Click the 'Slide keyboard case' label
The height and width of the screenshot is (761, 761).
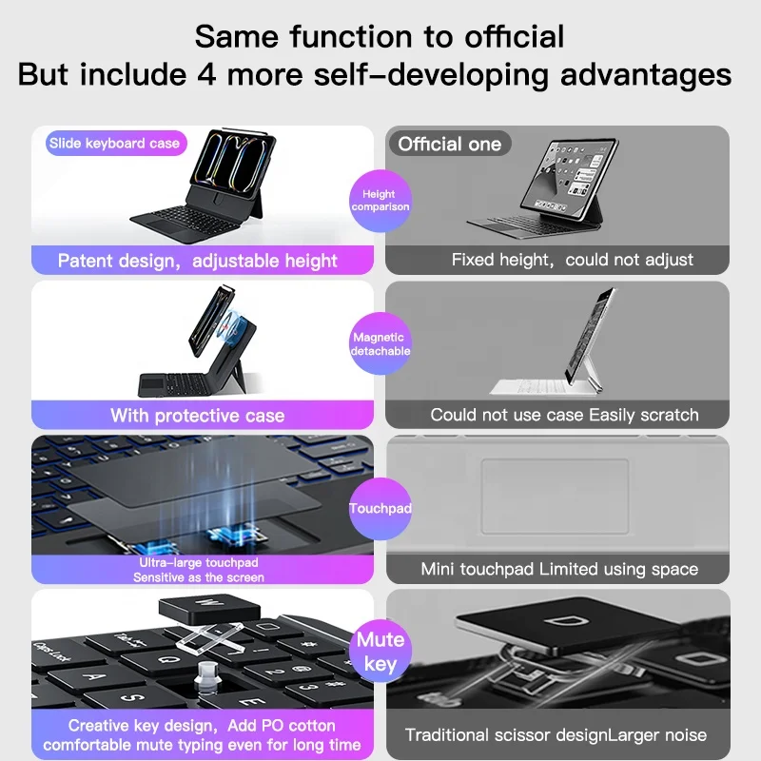114,144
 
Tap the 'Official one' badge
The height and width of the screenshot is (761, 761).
449,144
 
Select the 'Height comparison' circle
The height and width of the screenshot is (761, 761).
380,200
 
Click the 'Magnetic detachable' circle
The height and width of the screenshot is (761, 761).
380,343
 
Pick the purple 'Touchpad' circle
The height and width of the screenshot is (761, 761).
380,509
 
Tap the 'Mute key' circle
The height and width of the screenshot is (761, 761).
380,652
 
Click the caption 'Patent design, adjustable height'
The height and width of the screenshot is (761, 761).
197,260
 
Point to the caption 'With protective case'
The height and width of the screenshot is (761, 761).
197,415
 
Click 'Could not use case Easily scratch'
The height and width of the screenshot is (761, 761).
564,415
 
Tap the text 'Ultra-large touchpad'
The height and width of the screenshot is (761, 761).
198,563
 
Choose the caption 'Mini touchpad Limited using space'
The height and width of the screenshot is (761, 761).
559,569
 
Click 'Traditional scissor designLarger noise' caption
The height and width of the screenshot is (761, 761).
556,734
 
